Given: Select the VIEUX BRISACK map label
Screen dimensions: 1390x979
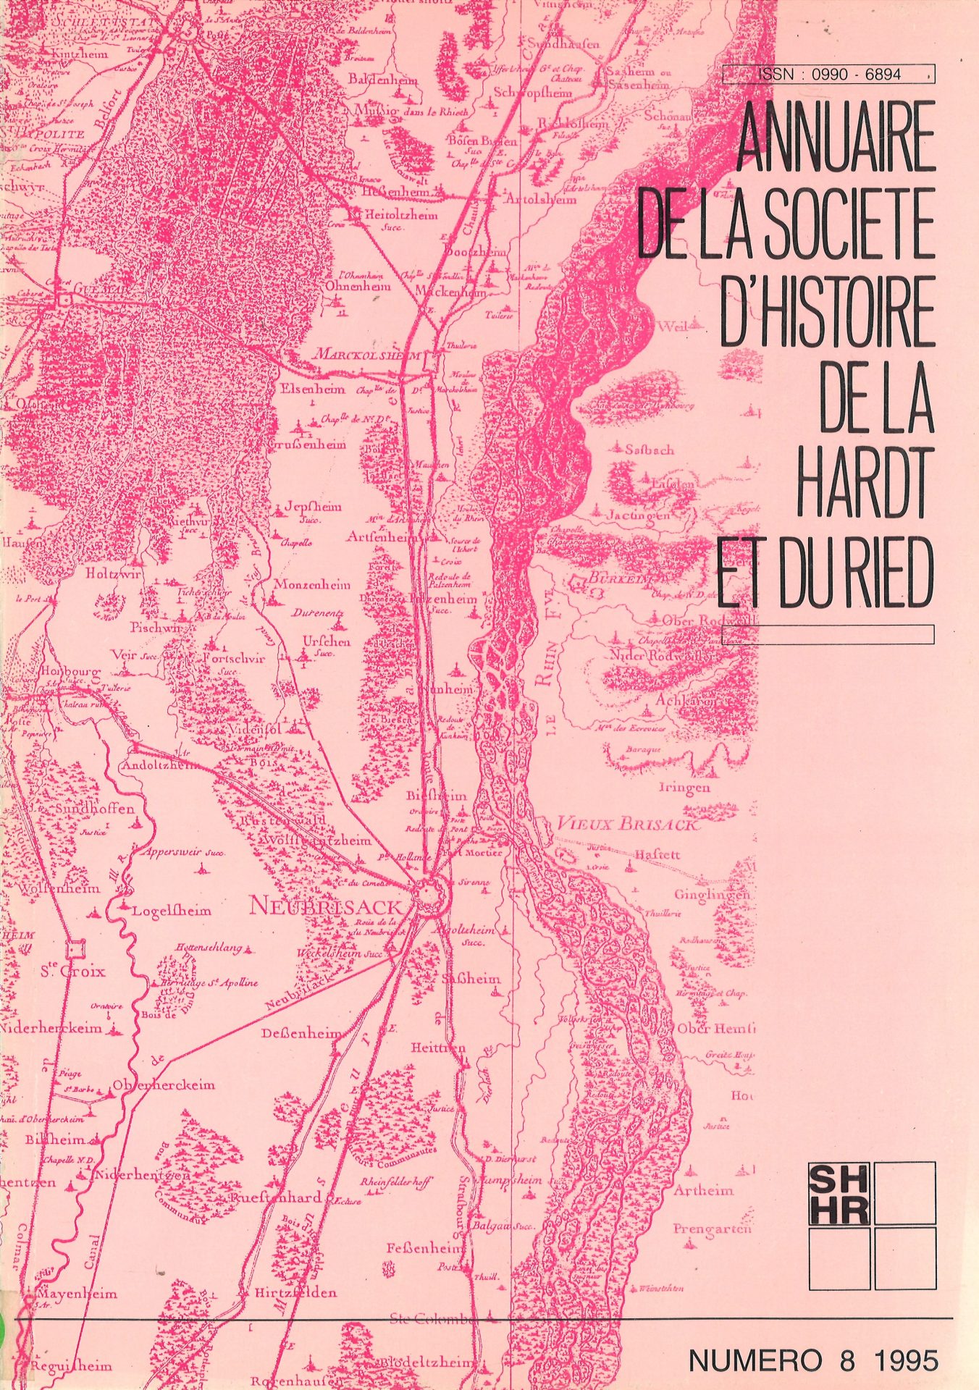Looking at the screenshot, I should pos(627,825).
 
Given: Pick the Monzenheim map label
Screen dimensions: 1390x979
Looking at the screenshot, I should pos(311,584).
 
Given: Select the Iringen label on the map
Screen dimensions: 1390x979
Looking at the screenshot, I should pos(684,788).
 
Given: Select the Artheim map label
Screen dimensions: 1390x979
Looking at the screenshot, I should pos(703,1190).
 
